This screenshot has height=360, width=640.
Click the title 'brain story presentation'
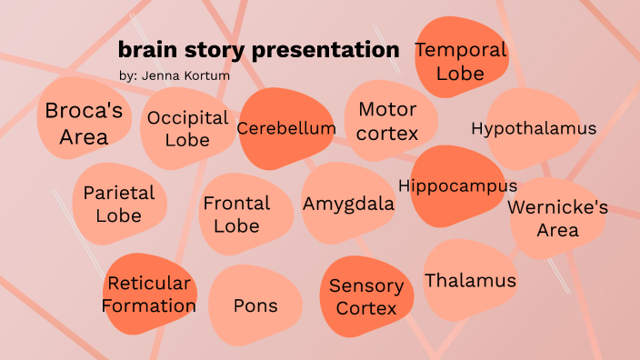point(258,50)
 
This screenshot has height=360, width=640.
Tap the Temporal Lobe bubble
point(460,59)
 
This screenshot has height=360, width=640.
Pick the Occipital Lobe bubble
point(187,129)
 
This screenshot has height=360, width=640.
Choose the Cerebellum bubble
point(286,128)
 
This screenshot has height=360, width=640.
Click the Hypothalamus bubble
point(534,128)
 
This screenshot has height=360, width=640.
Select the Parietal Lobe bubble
point(119,204)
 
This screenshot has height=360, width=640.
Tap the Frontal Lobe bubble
point(236,215)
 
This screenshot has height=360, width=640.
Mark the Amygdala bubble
point(349,203)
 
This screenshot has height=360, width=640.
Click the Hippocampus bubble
point(457,186)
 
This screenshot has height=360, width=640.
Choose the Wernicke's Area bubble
point(557,218)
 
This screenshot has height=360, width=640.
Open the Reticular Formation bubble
point(149,294)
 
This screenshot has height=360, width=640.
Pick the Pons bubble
point(255,305)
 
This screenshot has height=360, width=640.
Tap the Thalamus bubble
point(470,281)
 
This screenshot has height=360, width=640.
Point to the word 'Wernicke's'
point(557,207)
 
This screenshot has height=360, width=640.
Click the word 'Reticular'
point(149,283)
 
